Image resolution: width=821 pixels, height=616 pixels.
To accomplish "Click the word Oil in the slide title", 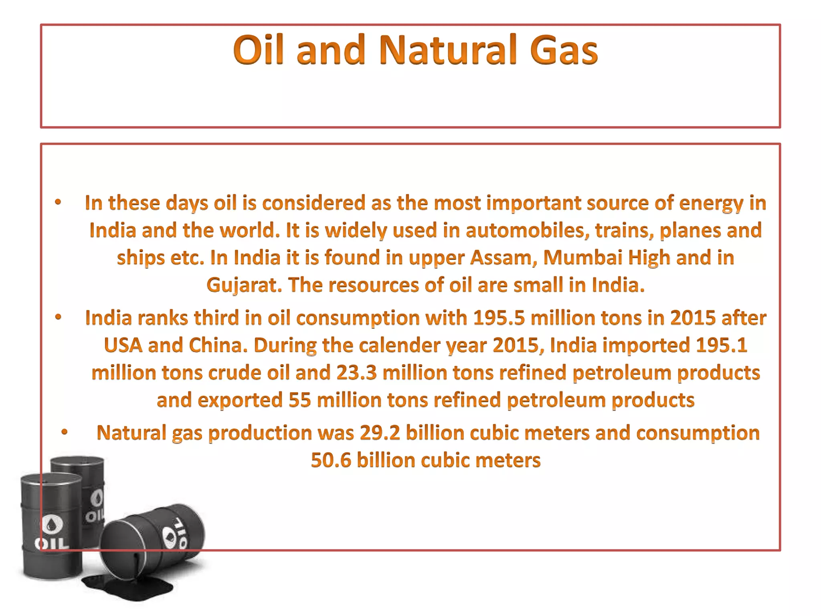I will pyautogui.click(x=258, y=50).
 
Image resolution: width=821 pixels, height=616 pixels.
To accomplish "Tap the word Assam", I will pyautogui.click(x=503, y=257).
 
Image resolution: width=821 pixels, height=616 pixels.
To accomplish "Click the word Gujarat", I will pyautogui.click(x=244, y=285).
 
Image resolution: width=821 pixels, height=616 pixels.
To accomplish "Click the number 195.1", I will pyautogui.click(x=721, y=345).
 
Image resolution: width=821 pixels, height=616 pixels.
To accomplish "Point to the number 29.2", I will pyautogui.click(x=380, y=433).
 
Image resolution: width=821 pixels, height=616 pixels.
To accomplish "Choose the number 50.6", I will pyautogui.click(x=331, y=460).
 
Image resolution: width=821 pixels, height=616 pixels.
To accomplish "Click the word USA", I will pyautogui.click(x=123, y=345).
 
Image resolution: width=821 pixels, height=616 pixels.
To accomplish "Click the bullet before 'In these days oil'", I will pyautogui.click(x=59, y=202).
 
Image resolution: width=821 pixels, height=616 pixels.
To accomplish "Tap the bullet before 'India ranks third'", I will pyautogui.click(x=59, y=317).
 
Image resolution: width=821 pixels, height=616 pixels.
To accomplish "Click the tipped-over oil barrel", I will pyautogui.click(x=152, y=537).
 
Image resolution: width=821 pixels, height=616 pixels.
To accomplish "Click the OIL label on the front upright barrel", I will pyautogui.click(x=51, y=544).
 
